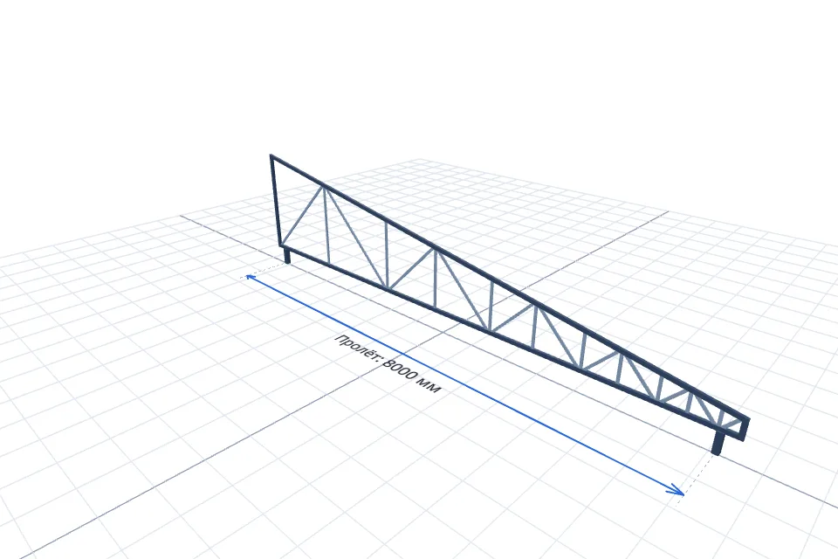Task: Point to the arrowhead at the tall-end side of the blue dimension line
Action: click(249, 277)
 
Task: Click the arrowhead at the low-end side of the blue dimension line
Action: click(678, 489)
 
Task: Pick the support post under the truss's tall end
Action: click(287, 255)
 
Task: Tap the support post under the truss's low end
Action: click(718, 442)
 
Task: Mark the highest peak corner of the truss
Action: click(271, 156)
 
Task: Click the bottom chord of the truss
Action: click(511, 343)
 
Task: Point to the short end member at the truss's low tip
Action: click(745, 429)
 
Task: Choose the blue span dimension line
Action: click(464, 383)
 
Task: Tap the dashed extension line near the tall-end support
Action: click(266, 270)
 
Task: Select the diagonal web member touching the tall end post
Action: click(302, 215)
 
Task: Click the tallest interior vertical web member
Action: click(326, 224)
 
